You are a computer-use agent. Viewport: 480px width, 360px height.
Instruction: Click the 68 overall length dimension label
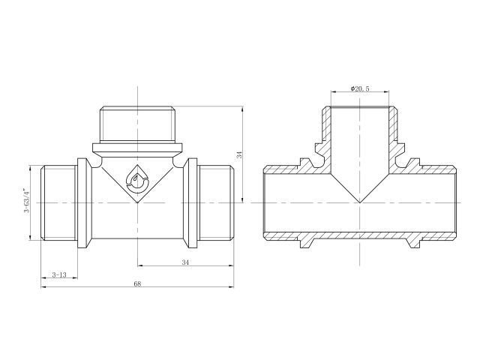[x=137, y=283]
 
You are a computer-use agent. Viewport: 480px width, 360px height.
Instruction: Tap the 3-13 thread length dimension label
[x=59, y=274]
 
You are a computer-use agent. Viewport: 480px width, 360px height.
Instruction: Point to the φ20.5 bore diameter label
[x=360, y=88]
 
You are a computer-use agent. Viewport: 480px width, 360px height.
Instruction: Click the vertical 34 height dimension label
[x=240, y=154]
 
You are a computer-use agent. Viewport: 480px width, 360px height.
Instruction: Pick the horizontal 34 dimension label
[x=185, y=262]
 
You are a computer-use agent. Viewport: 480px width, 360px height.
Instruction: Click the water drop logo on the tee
[x=136, y=180]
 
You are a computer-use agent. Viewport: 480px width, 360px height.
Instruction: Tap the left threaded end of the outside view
[x=58, y=202]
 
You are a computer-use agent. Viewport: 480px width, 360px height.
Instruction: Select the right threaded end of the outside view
[x=215, y=202]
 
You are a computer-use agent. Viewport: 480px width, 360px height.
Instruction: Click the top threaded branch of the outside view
[x=137, y=124]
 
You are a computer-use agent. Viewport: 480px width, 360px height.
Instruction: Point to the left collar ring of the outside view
[x=85, y=203]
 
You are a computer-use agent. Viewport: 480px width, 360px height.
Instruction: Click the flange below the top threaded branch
[x=137, y=148]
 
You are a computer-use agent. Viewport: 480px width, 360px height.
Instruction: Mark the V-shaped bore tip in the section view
[x=360, y=202]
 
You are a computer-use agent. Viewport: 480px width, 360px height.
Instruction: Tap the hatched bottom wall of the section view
[x=360, y=235]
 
